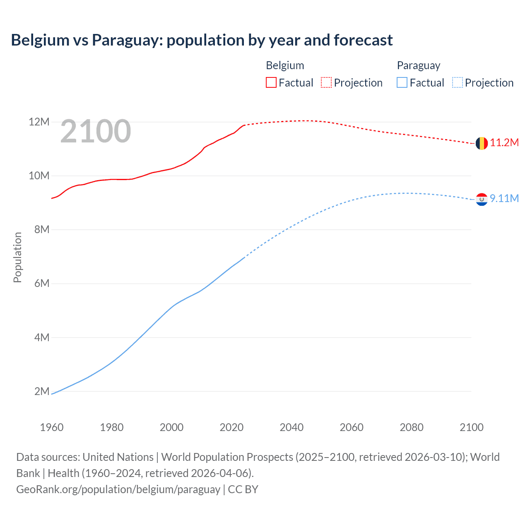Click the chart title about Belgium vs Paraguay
click(x=202, y=40)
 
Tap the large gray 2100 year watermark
click(x=96, y=132)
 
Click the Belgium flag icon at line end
click(x=482, y=143)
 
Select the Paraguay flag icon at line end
click(x=482, y=199)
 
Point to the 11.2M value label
click(x=504, y=143)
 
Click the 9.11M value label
click(x=504, y=199)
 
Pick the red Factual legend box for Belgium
click(x=271, y=83)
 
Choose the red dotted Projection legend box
click(x=326, y=83)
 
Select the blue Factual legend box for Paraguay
click(x=402, y=83)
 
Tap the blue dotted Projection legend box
click(x=457, y=83)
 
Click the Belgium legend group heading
click(x=285, y=65)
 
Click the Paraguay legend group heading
click(x=418, y=65)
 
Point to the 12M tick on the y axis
click(x=39, y=122)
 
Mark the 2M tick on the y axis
click(x=42, y=391)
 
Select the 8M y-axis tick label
click(x=42, y=229)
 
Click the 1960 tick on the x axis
click(x=52, y=427)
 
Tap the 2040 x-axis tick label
click(x=291, y=427)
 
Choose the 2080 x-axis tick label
click(x=412, y=427)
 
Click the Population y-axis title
click(x=17, y=257)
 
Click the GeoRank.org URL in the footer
click(x=118, y=489)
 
